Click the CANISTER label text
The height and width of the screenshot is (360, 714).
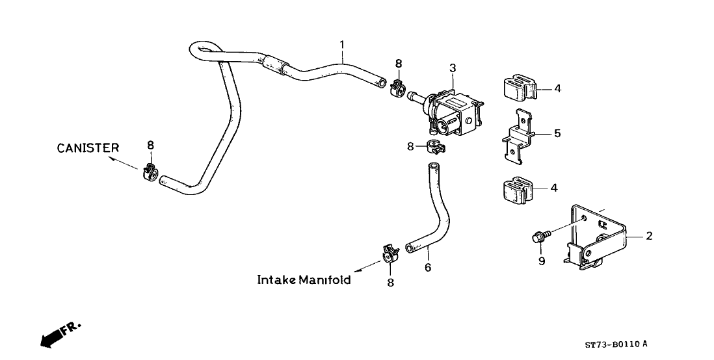(x=88, y=148)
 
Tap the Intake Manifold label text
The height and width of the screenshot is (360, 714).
(x=304, y=280)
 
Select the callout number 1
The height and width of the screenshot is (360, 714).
(x=341, y=44)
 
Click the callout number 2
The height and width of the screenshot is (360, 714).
(x=648, y=236)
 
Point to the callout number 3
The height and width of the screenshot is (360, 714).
(x=453, y=68)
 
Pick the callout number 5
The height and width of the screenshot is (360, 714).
(x=557, y=134)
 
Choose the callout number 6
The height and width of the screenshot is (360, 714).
(x=427, y=267)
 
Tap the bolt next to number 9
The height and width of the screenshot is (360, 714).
(x=540, y=235)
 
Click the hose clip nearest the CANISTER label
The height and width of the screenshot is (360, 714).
(x=150, y=174)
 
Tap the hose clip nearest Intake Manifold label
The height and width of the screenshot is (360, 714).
(x=389, y=253)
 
